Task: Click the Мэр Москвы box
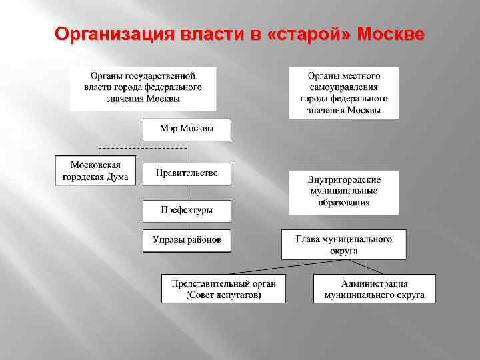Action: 187,129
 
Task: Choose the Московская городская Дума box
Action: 95,171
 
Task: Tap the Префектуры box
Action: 187,210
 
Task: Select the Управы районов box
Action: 187,240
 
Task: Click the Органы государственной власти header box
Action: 143,88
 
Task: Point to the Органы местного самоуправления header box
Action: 343,92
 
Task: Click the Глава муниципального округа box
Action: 343,245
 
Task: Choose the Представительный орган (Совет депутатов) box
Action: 223,288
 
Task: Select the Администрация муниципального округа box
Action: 374,288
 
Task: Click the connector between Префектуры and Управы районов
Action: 187,225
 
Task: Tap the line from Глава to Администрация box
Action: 363,267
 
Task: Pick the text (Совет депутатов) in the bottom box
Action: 223,295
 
